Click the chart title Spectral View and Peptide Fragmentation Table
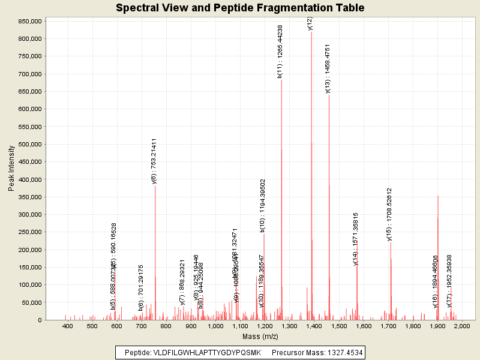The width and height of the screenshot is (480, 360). tap(240, 8)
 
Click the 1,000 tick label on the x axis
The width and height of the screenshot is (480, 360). tap(215, 326)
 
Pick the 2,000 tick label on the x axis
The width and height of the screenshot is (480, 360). tap(462, 326)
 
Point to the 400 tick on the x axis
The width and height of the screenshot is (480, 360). tap(67, 326)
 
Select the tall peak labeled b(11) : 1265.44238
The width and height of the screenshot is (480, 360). tap(281, 180)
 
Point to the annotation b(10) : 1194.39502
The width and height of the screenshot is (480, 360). tap(263, 205)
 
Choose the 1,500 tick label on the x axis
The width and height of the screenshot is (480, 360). tap(339, 326)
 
